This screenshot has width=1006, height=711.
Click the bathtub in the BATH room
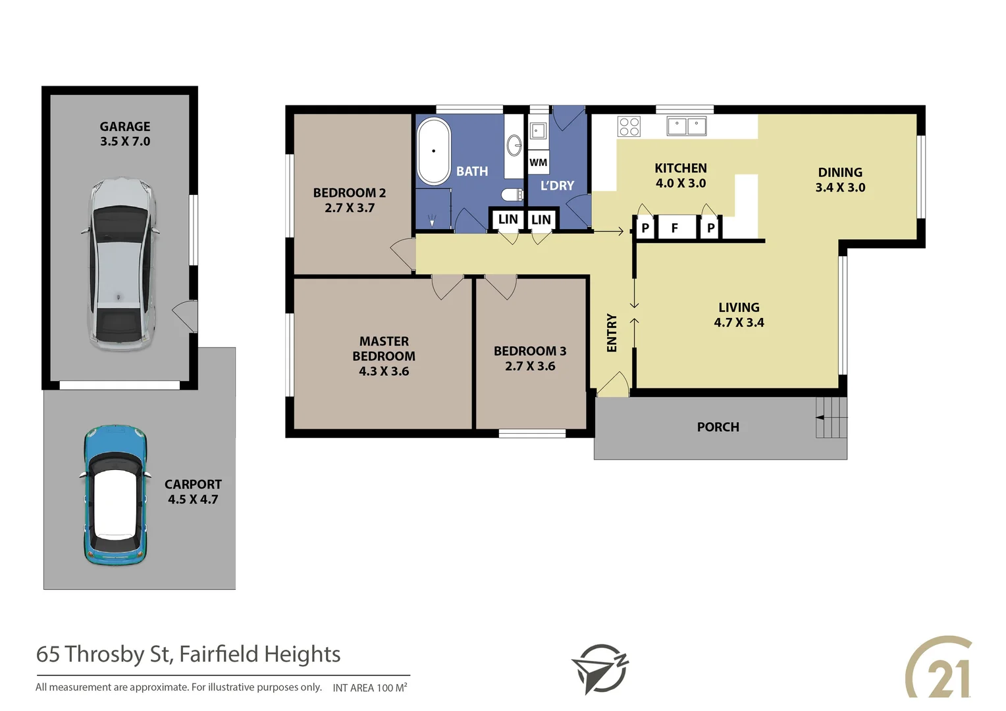(x=434, y=151)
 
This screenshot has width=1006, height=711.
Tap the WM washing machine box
(x=539, y=163)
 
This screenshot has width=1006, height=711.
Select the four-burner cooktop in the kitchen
(x=629, y=126)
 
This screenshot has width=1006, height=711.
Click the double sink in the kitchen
(x=687, y=126)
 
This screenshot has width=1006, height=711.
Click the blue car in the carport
(x=115, y=495)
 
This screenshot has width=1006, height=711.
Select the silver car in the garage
(x=122, y=263)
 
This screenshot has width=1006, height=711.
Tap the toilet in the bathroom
(x=511, y=194)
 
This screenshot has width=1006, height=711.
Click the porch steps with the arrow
(x=832, y=417)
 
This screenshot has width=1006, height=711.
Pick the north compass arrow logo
(x=600, y=668)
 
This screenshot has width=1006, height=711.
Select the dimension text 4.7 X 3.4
(x=739, y=323)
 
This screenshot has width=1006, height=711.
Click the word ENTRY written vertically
(x=612, y=332)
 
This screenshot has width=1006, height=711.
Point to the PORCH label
(x=718, y=427)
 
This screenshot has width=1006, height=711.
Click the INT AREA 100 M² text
(x=369, y=688)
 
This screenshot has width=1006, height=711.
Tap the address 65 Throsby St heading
(x=188, y=654)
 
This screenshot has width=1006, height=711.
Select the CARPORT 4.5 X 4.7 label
(x=193, y=492)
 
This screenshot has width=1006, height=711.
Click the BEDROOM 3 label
(x=530, y=351)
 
